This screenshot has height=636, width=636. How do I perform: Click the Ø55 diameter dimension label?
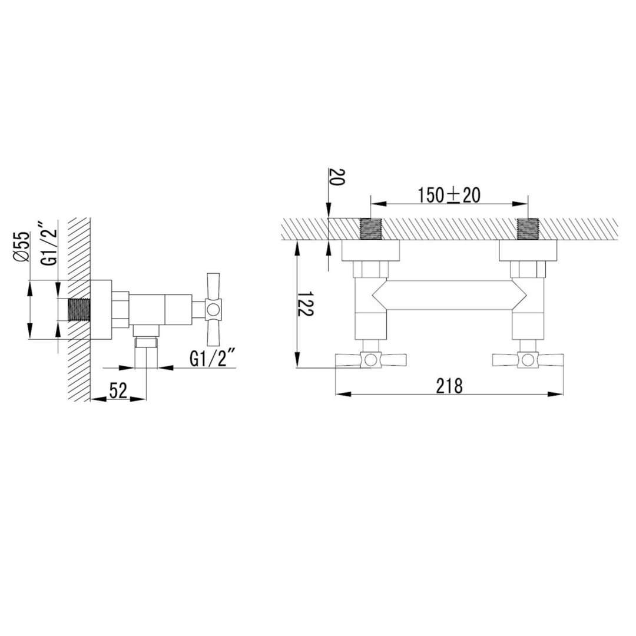point(23,247)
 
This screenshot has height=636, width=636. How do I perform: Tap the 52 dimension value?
point(118,390)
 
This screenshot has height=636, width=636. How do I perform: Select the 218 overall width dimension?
point(449,386)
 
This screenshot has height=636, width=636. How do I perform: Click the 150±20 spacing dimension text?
point(449,195)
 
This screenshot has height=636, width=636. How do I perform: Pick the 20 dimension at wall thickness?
point(337,177)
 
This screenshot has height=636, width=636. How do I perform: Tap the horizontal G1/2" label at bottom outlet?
point(213,359)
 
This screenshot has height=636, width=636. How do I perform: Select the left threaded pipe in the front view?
point(371,229)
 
